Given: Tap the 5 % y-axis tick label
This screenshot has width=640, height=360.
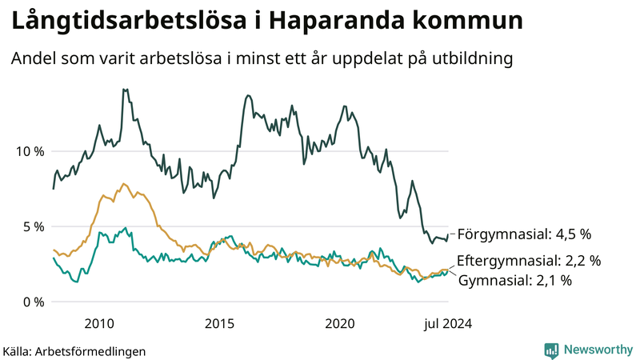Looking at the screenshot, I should pyautogui.click(x=31, y=226).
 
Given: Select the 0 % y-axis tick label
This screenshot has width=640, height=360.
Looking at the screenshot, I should pyautogui.click(x=31, y=302).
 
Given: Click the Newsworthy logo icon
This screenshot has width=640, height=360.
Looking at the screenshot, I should pyautogui.click(x=551, y=350).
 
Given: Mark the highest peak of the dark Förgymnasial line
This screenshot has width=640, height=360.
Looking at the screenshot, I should pyautogui.click(x=124, y=90).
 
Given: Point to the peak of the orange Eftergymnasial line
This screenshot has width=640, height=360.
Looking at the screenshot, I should pyautogui.click(x=122, y=183).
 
